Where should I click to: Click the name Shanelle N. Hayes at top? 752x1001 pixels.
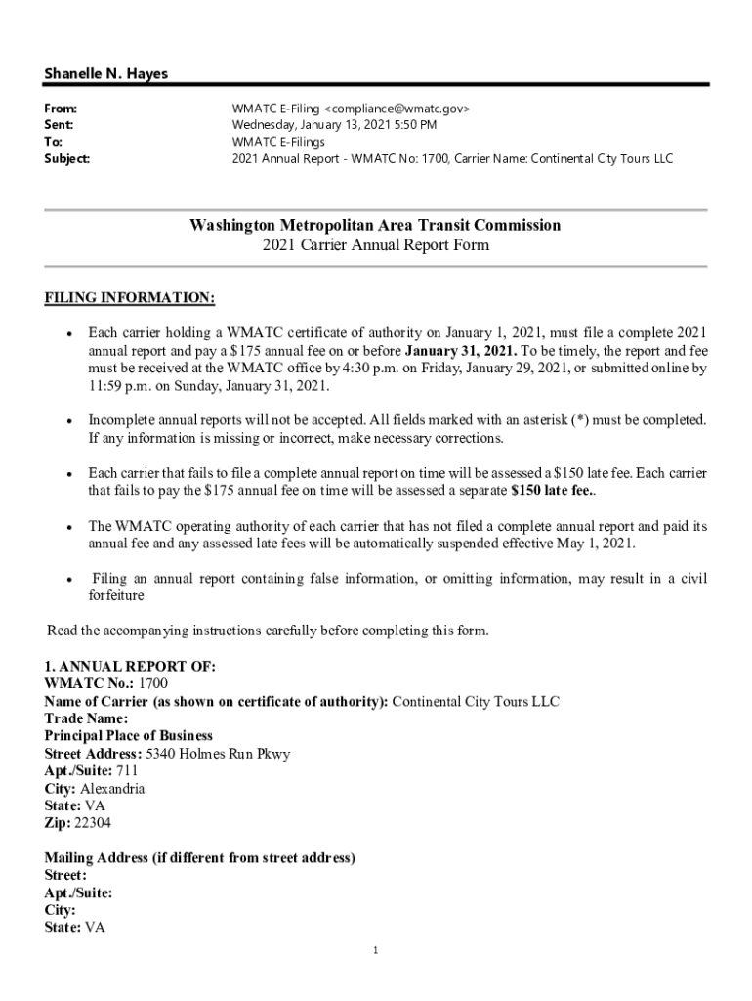tap(105, 74)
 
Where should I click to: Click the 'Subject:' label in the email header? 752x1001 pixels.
tap(67, 158)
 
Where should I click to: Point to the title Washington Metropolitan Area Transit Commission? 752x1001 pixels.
tap(375, 226)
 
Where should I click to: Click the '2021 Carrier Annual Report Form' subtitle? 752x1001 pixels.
tap(375, 245)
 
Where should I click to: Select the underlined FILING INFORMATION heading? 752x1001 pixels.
tap(130, 297)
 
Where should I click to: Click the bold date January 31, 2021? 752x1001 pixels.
tap(460, 351)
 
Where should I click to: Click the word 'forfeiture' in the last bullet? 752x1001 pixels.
tap(116, 595)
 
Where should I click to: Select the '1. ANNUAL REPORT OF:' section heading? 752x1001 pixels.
tap(130, 666)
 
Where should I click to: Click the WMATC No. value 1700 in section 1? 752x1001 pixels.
tap(153, 683)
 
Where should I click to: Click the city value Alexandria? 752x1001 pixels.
tap(112, 789)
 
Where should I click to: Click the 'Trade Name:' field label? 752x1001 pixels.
tap(86, 718)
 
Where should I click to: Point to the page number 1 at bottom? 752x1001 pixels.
tap(375, 950)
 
